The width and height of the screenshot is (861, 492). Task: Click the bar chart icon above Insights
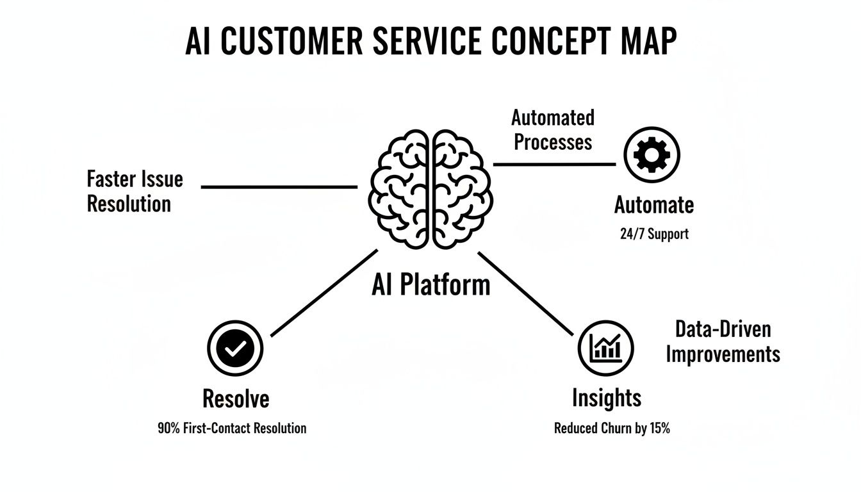click(x=605, y=348)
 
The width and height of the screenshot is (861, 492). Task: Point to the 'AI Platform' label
click(x=430, y=284)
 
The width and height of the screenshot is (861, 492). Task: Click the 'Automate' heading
click(x=653, y=205)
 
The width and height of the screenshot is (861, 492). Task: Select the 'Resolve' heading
click(x=235, y=398)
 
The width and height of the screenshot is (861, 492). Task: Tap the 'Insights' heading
click(x=606, y=398)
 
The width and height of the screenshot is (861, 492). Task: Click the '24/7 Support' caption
click(x=653, y=234)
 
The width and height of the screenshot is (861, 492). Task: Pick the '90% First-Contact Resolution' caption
click(x=232, y=428)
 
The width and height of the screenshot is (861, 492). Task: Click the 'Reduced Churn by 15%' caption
click(x=612, y=428)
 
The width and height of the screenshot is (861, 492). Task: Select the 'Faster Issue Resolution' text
click(x=135, y=191)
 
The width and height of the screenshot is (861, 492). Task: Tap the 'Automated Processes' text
click(x=552, y=129)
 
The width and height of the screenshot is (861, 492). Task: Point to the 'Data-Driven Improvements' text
click(x=723, y=341)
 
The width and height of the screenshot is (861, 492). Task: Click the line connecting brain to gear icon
click(x=554, y=164)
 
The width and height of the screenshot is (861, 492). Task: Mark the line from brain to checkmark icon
click(x=324, y=293)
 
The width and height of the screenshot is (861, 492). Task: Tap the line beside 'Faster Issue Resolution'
click(x=279, y=187)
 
